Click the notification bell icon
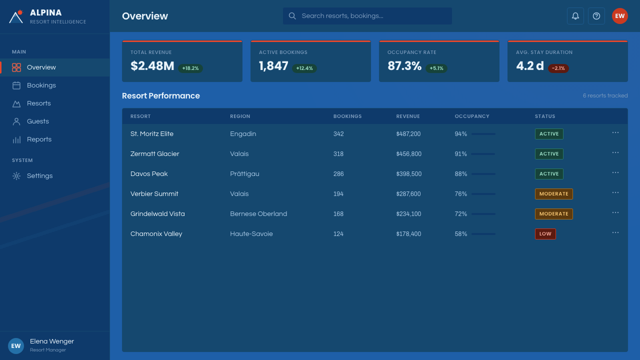click(x=575, y=16)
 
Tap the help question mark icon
click(x=596, y=16)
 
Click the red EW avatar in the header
click(x=619, y=16)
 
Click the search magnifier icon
click(x=292, y=16)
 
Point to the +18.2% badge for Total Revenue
click(x=190, y=68)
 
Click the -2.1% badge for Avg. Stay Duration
click(x=558, y=68)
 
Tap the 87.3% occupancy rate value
click(x=404, y=66)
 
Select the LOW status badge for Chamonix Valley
click(x=545, y=233)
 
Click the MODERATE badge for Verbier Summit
click(x=553, y=193)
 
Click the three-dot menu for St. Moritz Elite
click(x=615, y=132)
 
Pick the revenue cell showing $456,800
click(x=408, y=154)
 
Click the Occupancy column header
click(x=472, y=116)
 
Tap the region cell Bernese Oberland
click(x=258, y=213)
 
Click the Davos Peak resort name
click(x=149, y=173)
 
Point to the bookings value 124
click(x=338, y=234)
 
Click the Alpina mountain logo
click(x=16, y=16)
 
